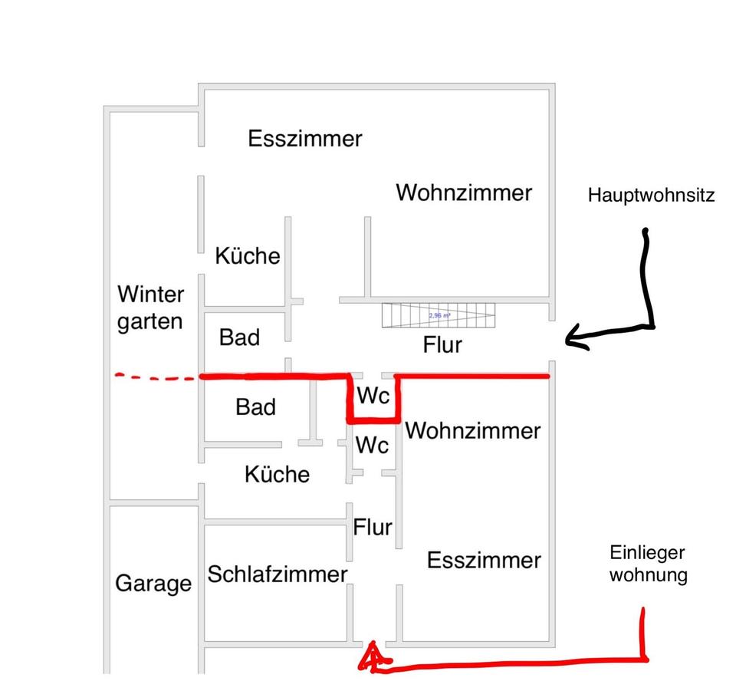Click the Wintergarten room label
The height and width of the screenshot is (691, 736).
(150, 307)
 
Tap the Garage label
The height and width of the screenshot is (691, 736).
(153, 584)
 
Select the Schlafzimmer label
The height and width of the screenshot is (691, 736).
(278, 574)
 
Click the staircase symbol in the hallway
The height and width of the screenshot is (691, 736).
(439, 315)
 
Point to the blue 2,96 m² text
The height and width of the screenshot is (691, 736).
(439, 315)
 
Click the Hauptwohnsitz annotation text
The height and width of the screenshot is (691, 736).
(651, 196)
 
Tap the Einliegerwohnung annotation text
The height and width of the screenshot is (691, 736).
(648, 564)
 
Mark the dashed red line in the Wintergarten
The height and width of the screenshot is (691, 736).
(157, 377)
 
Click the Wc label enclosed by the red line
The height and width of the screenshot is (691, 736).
(373, 397)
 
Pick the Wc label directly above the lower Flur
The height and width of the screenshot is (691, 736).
(372, 445)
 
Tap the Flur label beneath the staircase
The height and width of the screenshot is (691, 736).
(442, 345)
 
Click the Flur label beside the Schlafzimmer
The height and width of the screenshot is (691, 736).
(373, 528)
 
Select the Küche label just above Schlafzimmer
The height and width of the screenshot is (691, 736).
(277, 474)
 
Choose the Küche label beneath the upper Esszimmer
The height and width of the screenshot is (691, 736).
(247, 255)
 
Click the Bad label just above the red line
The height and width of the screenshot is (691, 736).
(239, 337)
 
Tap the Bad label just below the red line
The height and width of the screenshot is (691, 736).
(255, 406)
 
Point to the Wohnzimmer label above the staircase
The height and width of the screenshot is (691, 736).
(463, 192)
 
